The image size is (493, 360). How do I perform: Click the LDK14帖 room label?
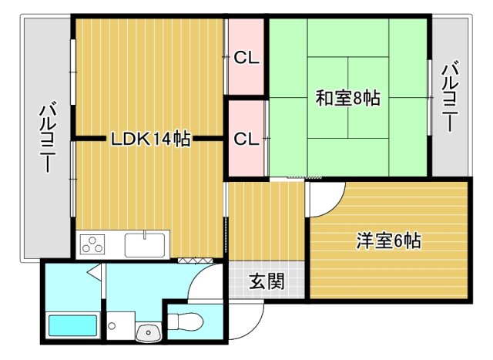[150, 140]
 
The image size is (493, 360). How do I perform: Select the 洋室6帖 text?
[388, 241]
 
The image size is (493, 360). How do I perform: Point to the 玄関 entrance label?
[267, 281]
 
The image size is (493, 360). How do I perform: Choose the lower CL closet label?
[246, 139]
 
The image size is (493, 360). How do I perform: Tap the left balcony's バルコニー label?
[47, 139]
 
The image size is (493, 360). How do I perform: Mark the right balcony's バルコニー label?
[451, 99]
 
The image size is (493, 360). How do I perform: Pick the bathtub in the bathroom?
[72, 325]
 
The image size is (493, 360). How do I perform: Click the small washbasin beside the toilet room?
[147, 332]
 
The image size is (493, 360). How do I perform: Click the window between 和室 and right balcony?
[429, 98]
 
